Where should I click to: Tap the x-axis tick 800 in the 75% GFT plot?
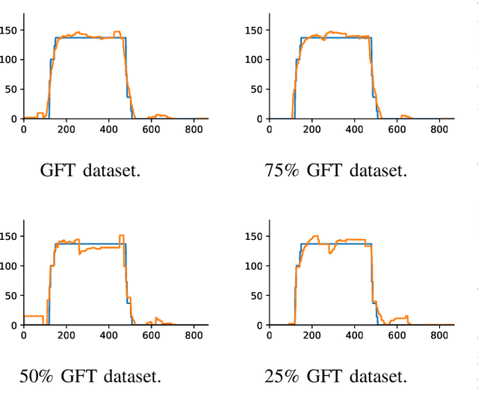point(440,129)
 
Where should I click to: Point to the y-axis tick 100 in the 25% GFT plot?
point(255,266)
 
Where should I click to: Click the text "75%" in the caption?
point(282,170)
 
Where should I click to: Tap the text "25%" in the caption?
point(282,376)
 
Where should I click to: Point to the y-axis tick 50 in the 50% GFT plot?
point(13,296)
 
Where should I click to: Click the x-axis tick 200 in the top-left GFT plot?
point(66,129)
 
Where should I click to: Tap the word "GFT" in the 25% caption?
point(329,376)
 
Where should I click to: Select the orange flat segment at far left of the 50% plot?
point(33,316)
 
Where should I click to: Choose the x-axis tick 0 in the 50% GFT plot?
point(23,336)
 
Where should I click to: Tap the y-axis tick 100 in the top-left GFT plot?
point(10,60)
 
